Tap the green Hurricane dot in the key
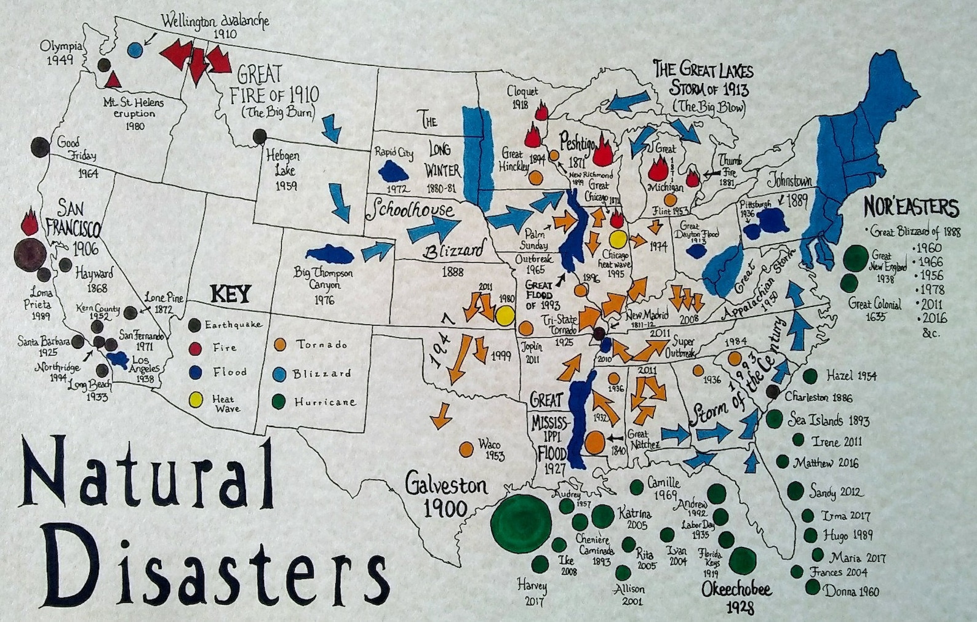point(279,402)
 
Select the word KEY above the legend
point(231,295)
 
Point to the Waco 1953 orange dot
point(467,449)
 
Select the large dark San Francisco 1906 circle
point(30,253)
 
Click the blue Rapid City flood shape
point(395,169)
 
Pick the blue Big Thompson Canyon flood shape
point(329,253)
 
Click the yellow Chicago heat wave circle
point(618,239)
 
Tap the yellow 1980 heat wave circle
point(505,316)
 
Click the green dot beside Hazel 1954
point(810,375)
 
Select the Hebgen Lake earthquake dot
point(260,136)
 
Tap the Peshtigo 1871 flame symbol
point(604,151)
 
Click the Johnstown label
point(789,181)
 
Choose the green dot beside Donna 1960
point(813,588)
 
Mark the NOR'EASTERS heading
point(911,207)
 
